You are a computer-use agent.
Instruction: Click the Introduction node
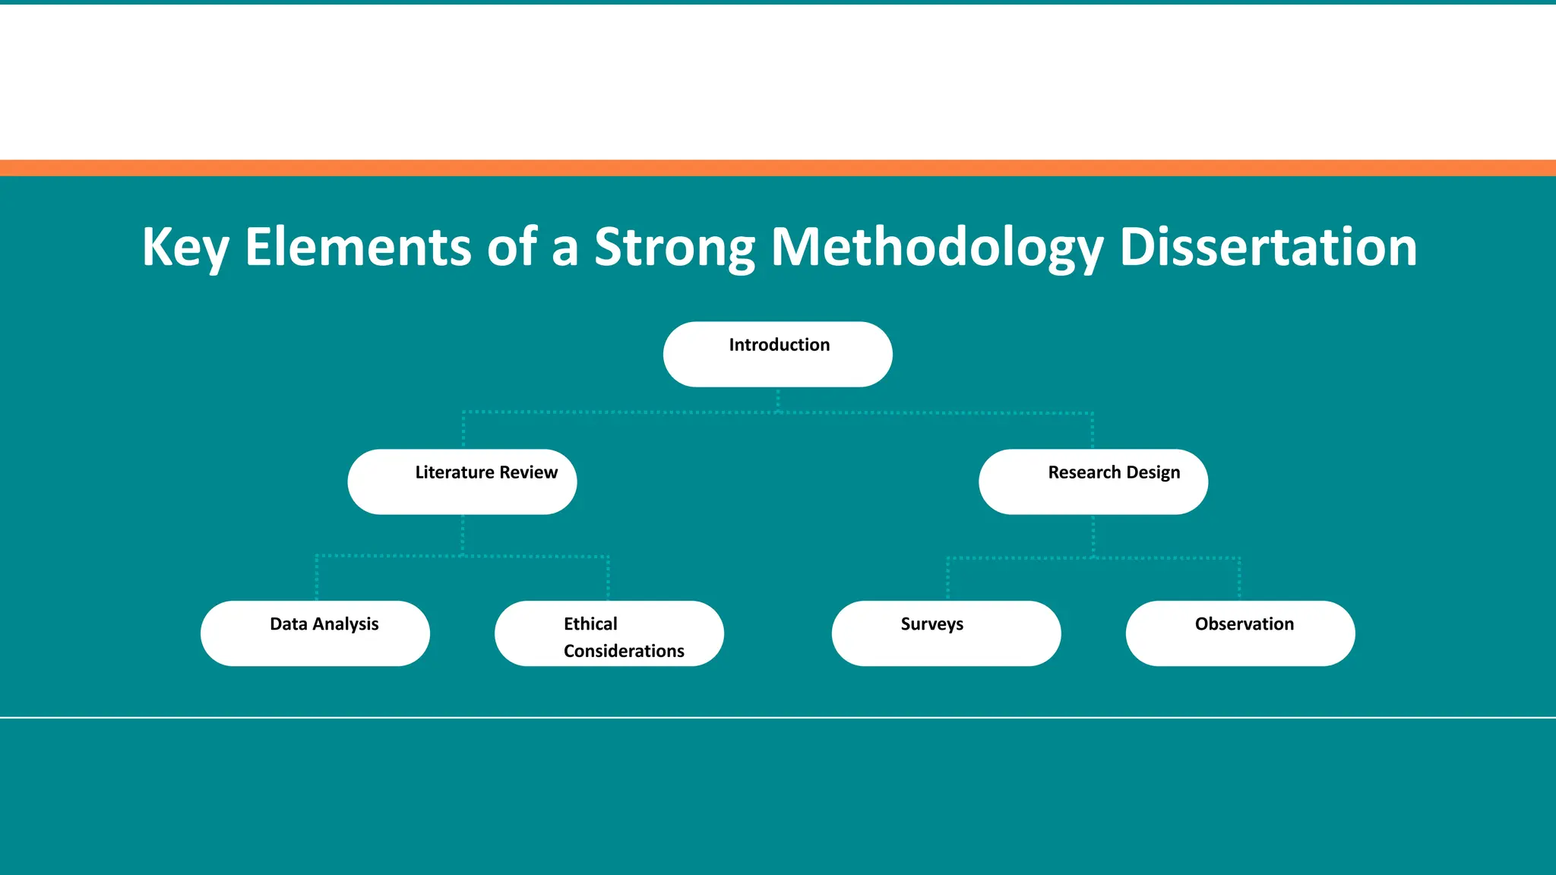(777, 355)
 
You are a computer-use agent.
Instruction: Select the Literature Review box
(462, 482)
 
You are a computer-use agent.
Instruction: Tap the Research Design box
(1093, 482)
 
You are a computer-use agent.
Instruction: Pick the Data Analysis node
(315, 633)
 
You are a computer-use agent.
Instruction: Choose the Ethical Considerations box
(609, 633)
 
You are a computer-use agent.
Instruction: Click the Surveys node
(946, 633)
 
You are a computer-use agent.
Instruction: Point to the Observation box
(1240, 633)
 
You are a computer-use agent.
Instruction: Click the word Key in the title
(185, 248)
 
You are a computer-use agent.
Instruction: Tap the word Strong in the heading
(674, 248)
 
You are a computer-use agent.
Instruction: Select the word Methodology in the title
(936, 248)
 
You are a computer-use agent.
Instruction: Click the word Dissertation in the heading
(1268, 248)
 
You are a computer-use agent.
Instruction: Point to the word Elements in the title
(357, 248)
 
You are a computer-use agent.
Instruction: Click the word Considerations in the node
(624, 651)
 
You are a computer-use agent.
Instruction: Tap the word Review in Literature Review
(528, 472)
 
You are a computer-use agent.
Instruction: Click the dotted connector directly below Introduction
(778, 400)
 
